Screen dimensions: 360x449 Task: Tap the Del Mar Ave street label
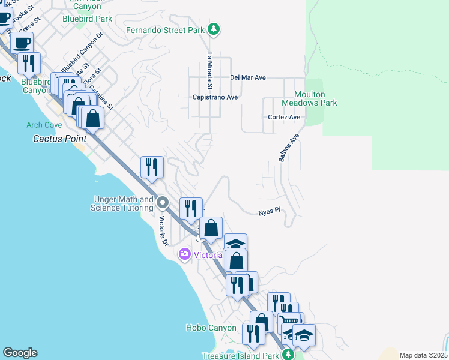click(x=248, y=78)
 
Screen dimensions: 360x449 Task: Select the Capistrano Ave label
click(x=215, y=97)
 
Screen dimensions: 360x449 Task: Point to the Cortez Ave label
click(x=284, y=118)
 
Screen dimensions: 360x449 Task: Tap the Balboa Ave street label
click(x=288, y=148)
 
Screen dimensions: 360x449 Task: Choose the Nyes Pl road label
click(x=270, y=212)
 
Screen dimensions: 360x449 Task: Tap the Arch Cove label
click(x=44, y=125)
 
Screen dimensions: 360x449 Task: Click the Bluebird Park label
click(x=87, y=19)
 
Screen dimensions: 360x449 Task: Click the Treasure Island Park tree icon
click(x=289, y=355)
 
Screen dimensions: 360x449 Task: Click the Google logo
click(x=20, y=353)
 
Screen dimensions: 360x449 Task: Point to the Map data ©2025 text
click(x=423, y=355)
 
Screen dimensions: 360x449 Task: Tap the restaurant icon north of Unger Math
click(x=152, y=167)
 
